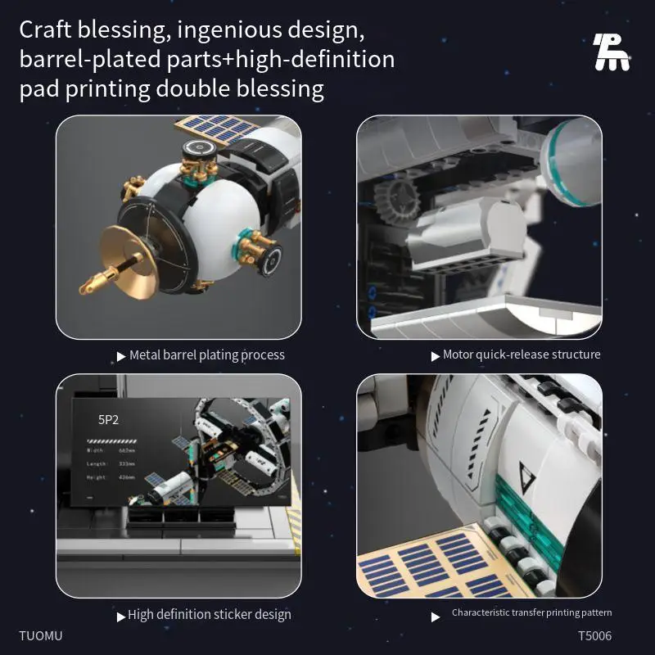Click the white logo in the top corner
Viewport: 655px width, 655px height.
(612, 52)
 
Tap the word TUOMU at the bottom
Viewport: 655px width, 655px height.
(41, 635)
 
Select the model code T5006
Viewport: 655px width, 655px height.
(594, 635)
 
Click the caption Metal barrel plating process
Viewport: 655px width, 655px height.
(207, 355)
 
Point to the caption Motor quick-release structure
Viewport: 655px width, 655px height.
(522, 355)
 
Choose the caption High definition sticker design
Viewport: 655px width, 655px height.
(209, 614)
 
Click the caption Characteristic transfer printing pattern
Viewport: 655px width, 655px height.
(531, 612)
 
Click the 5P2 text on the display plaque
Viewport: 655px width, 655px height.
(109, 420)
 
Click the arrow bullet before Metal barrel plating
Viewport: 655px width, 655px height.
(122, 356)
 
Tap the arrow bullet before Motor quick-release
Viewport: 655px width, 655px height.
(436, 356)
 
